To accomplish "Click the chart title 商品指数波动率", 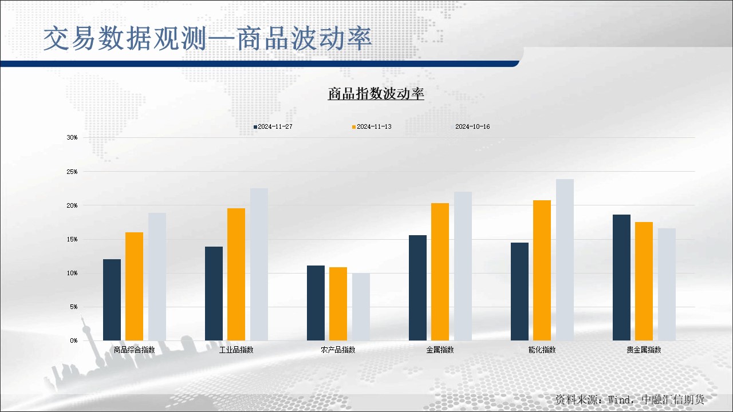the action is coord(376,93).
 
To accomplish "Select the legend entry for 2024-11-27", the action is coord(273,126).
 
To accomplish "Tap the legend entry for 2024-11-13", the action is coord(372,126).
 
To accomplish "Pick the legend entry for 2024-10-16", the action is coord(471,126).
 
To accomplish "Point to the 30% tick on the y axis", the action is coord(72,137).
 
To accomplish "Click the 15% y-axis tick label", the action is coord(72,239).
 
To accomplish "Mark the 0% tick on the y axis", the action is coord(74,340).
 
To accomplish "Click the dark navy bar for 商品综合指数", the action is coord(112,300).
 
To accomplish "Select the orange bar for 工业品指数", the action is coord(237,274).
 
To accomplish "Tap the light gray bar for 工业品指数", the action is coord(259,264).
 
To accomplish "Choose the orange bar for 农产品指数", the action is coord(338,304).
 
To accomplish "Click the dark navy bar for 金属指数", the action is coord(418,288).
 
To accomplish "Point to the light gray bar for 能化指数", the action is coord(565,260).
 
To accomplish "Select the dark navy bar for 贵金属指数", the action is coord(621,278).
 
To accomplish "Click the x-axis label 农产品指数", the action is coord(338,350).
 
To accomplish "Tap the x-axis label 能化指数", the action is coord(542,350).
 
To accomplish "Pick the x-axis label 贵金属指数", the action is coord(644,350).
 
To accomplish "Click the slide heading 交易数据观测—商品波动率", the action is coord(207,38).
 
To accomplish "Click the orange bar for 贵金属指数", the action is coord(644,281).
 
